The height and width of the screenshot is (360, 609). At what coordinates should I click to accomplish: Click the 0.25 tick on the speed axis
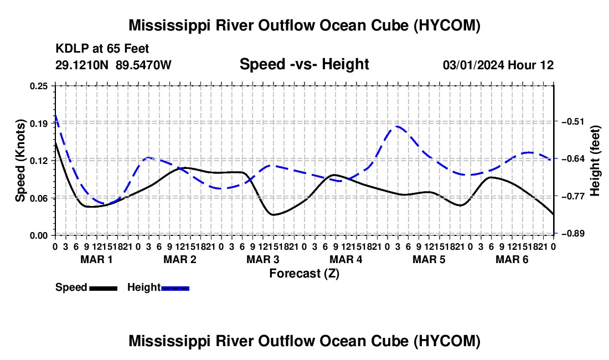(38, 86)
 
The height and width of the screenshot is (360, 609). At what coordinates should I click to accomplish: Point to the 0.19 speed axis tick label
(38, 124)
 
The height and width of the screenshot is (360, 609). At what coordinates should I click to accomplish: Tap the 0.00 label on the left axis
(38, 235)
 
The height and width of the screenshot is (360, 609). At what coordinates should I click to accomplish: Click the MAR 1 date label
(96, 259)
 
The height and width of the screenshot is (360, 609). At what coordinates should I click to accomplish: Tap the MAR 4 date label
(345, 259)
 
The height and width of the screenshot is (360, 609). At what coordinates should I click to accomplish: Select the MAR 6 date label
(512, 259)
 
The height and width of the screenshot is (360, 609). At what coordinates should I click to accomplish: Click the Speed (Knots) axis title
(20, 161)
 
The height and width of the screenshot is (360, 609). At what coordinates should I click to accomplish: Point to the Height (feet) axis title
(595, 161)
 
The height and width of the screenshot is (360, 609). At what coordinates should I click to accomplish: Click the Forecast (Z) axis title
(304, 274)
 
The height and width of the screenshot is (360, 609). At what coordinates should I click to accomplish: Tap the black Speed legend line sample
(104, 288)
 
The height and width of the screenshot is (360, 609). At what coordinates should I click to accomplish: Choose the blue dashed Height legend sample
(175, 288)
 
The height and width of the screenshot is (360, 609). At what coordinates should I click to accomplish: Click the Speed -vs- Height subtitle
(304, 64)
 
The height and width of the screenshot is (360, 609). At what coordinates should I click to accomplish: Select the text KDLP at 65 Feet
(102, 49)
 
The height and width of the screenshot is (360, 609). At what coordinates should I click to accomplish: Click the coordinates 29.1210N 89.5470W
(113, 65)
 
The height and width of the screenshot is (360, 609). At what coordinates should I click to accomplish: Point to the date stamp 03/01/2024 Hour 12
(498, 65)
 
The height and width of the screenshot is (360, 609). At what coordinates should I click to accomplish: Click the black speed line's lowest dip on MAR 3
(273, 215)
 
